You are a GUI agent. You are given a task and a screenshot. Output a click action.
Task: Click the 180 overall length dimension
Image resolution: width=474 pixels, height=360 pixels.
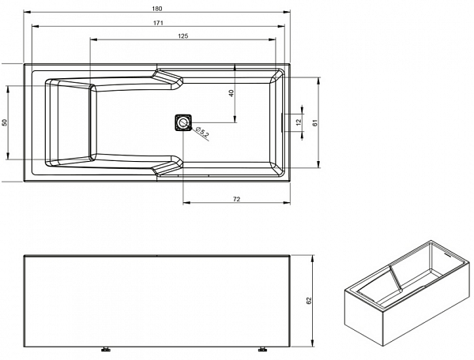tap(157, 9)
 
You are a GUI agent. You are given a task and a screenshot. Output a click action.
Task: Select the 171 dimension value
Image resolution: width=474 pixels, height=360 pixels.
tap(158, 23)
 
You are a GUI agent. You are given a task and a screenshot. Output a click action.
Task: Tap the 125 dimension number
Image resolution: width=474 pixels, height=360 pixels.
tap(183, 36)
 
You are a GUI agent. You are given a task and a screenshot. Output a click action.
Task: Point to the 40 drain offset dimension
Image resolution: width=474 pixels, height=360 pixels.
tap(231, 93)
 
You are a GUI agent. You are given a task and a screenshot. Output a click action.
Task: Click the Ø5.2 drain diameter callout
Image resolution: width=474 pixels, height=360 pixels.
tap(201, 132)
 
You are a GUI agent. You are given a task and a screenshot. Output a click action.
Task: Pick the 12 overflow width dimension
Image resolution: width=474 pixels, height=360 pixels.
tap(299, 122)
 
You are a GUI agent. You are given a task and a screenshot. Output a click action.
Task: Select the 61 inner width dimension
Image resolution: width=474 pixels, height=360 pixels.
tap(315, 122)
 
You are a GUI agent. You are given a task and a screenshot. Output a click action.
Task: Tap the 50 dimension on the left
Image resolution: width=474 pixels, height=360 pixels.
tap(4, 122)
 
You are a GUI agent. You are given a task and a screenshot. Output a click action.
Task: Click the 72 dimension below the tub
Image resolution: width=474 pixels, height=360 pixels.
tap(237, 199)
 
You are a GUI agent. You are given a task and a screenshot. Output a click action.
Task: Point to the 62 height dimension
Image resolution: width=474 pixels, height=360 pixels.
tap(309, 301)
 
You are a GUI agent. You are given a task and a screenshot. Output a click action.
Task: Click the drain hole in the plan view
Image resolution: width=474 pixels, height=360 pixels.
tap(183, 122)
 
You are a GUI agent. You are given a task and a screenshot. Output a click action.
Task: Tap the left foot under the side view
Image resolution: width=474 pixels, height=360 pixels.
tap(106, 350)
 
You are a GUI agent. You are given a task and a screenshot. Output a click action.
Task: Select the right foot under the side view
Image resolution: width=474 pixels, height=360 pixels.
tap(262, 350)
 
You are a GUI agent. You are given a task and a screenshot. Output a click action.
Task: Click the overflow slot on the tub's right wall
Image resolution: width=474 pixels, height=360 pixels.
tap(282, 122)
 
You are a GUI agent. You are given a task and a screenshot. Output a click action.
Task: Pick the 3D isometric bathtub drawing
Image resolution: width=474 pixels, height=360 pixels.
tap(408, 293)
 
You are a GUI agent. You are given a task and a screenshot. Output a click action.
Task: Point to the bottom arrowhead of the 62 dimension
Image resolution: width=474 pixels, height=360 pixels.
tap(313, 343)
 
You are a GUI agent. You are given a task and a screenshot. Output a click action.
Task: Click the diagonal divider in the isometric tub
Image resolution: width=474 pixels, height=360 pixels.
tap(396, 278)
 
